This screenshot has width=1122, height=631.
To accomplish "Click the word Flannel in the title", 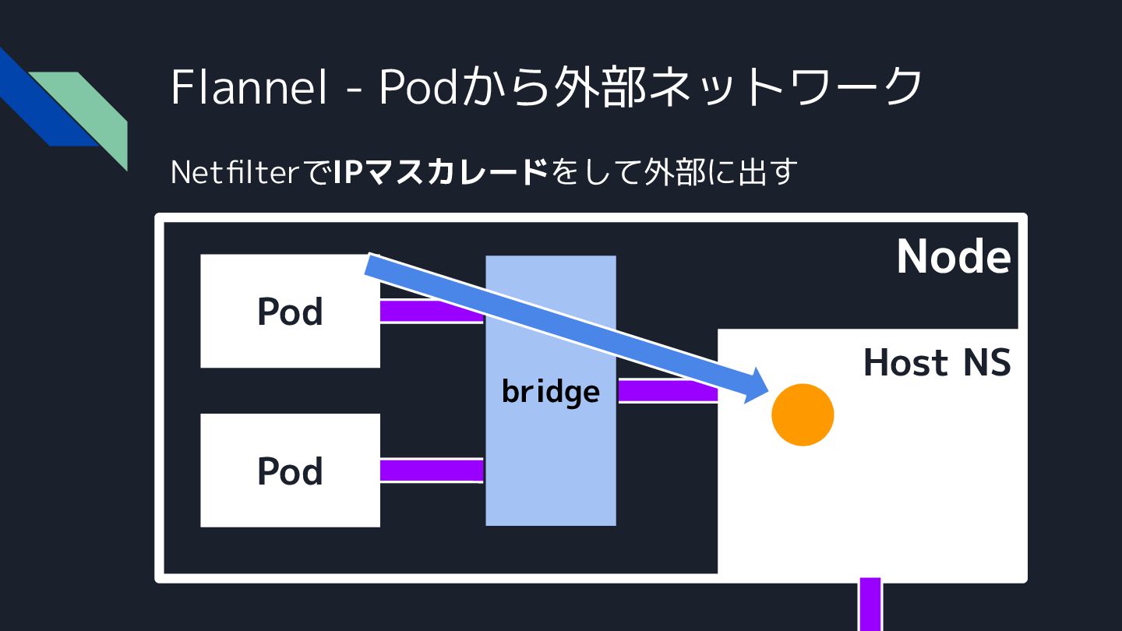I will coord(249,86).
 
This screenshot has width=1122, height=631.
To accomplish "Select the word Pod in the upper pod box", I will coord(290,312).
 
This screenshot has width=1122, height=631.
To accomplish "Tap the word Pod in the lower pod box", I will coord(290,471).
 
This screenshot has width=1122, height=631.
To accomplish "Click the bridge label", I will coord(551,391).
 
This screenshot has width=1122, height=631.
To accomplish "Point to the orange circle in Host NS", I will coord(803,415).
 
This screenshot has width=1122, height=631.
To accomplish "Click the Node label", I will coord(953,256).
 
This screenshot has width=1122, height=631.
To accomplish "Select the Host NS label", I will coord(937,363).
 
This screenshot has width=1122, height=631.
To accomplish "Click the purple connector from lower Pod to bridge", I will coord(432,471).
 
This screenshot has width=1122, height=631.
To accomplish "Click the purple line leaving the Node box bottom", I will coord(870,605).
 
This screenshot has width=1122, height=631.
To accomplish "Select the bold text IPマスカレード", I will coord(441,172).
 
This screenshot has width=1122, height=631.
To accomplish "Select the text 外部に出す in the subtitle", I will coord(718,172).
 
